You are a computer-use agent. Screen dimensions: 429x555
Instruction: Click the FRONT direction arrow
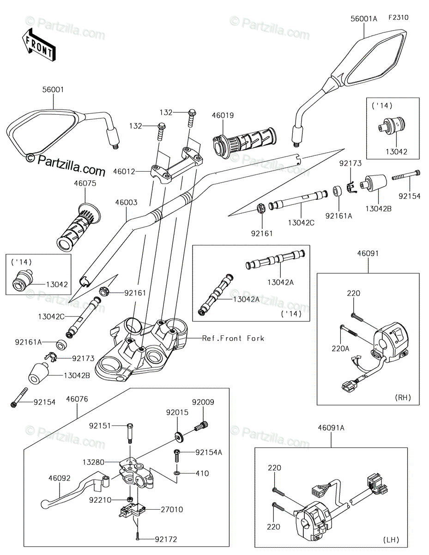38,45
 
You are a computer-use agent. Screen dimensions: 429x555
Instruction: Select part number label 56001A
363,18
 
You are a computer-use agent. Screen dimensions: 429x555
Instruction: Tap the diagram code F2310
399,18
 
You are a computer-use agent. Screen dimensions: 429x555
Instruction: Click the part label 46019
223,116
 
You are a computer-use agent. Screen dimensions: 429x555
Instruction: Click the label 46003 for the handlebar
126,203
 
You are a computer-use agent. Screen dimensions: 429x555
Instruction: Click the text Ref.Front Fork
233,339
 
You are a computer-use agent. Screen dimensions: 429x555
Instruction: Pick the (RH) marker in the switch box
403,397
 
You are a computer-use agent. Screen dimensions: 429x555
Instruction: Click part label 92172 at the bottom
166,539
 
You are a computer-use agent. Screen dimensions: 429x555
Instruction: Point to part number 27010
172,510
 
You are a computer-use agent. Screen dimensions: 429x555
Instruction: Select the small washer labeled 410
177,473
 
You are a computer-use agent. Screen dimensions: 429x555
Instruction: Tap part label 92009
203,402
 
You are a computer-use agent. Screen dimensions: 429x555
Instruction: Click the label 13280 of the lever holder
93,462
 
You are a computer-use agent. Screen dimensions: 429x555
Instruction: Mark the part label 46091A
331,428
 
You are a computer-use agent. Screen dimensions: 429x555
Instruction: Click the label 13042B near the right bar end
379,209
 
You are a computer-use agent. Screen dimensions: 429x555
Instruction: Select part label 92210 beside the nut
100,500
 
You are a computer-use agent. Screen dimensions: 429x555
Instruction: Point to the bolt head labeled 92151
130,426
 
